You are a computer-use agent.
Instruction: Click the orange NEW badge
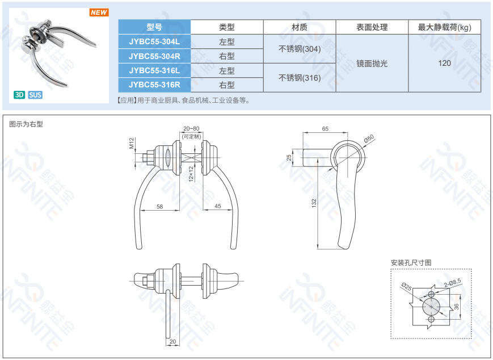[99, 12]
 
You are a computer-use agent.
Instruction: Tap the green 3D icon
[19, 95]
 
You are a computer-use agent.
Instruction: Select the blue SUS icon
[35, 95]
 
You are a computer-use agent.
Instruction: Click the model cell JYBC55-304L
[154, 41]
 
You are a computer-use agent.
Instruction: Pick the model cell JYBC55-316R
[154, 85]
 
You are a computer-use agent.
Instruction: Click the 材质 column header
[300, 27]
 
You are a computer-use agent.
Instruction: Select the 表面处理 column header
[372, 27]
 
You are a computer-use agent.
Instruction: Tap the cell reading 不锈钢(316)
[300, 78]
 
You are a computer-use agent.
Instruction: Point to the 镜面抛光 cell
[372, 63]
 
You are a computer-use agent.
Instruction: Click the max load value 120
[445, 63]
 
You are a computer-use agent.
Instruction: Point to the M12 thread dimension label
[132, 143]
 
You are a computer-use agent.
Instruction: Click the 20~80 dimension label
[191, 128]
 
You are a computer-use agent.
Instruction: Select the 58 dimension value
[160, 207]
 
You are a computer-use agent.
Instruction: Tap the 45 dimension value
[218, 206]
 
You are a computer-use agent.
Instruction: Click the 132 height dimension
[314, 203]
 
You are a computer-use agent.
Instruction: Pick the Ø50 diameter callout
[369, 139]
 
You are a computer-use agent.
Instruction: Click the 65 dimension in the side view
[325, 129]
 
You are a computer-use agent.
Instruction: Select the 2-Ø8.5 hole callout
[453, 283]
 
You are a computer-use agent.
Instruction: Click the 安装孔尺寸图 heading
[411, 262]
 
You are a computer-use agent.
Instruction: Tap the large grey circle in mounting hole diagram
[431, 307]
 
